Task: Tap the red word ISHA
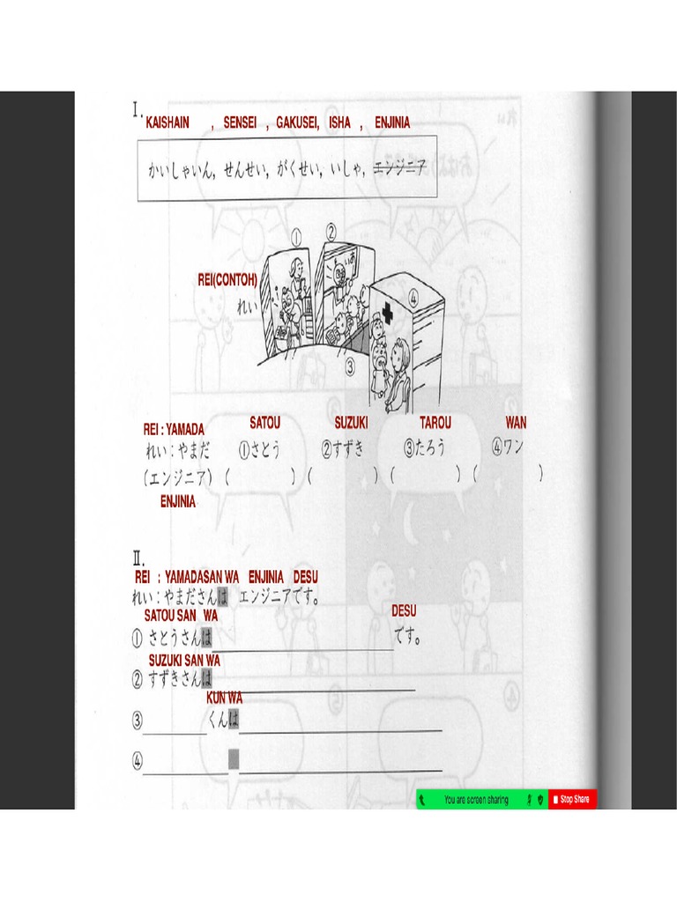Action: coord(339,123)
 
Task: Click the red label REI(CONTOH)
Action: coord(227,280)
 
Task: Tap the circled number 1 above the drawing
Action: coord(297,236)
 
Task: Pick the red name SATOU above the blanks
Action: coord(264,424)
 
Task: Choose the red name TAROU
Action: coord(435,424)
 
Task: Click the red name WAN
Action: coord(516,424)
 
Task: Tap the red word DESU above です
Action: coord(404,610)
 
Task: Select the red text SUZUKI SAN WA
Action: coord(184,660)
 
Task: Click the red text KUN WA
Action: coord(224,698)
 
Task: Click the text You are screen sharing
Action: coord(476,800)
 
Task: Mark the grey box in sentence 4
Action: coord(234,758)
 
